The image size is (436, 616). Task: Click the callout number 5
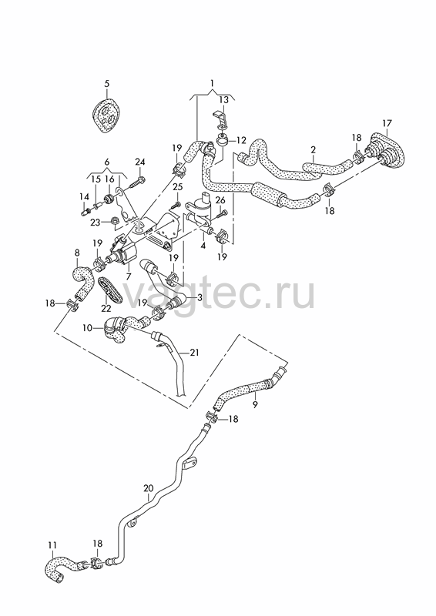[107, 84]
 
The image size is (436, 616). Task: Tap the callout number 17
[387, 123]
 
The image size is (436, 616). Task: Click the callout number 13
[223, 100]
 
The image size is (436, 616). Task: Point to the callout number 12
[240, 140]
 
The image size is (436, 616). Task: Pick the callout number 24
[140, 162]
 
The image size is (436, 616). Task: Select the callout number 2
[313, 149]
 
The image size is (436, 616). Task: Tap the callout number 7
[129, 276]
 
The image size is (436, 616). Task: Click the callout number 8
[77, 253]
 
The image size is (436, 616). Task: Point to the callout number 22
[106, 309]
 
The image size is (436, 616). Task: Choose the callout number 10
[87, 327]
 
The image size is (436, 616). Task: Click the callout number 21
[194, 353]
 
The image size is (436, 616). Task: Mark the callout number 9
[255, 403]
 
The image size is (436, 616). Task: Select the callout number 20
[148, 488]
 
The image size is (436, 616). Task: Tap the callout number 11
[52, 545]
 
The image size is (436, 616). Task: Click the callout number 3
[200, 297]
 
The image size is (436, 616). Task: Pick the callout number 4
[203, 246]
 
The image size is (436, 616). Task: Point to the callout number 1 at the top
[213, 83]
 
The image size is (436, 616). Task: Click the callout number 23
[96, 222]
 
